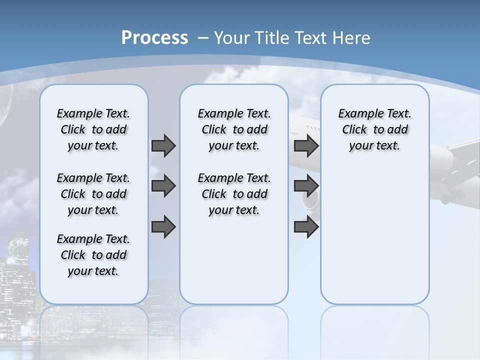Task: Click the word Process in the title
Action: pyautogui.click(x=154, y=37)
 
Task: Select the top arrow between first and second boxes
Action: pyautogui.click(x=163, y=145)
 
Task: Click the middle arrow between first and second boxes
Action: pyautogui.click(x=163, y=186)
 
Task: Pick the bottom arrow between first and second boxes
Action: pyautogui.click(x=163, y=226)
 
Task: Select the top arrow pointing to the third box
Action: pyautogui.click(x=306, y=145)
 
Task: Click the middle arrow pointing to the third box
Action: pyautogui.click(x=306, y=186)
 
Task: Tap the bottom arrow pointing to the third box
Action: pyautogui.click(x=306, y=226)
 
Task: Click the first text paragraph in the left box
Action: pyautogui.click(x=93, y=129)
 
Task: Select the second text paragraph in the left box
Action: pyautogui.click(x=93, y=194)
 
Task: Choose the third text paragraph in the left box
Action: pyautogui.click(x=93, y=255)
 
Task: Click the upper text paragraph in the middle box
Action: pyautogui.click(x=234, y=129)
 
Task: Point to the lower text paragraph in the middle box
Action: pyautogui.click(x=234, y=194)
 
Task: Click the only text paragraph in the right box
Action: pyautogui.click(x=374, y=129)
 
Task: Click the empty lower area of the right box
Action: pyautogui.click(x=374, y=240)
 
